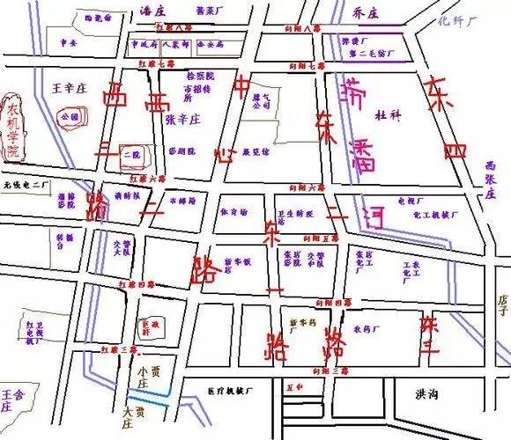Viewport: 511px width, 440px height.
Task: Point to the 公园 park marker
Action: coord(71,115)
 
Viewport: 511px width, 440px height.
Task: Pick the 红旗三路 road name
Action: coord(118,350)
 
